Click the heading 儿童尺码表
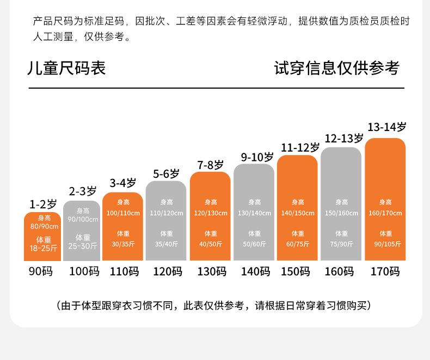click(x=66, y=68)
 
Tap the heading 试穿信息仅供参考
click(x=336, y=68)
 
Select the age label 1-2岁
click(x=43, y=204)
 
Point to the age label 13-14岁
click(x=386, y=127)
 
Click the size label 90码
click(x=41, y=271)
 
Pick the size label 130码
click(x=211, y=271)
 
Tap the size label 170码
click(x=385, y=271)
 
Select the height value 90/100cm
click(x=83, y=220)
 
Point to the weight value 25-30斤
click(x=83, y=246)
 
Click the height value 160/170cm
click(x=385, y=213)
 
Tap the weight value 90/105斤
click(x=385, y=244)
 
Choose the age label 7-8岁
click(x=210, y=165)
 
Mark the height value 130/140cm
click(x=254, y=213)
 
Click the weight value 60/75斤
click(x=297, y=244)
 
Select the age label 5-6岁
click(x=166, y=174)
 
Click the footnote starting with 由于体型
click(x=214, y=305)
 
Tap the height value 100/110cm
click(x=123, y=213)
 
